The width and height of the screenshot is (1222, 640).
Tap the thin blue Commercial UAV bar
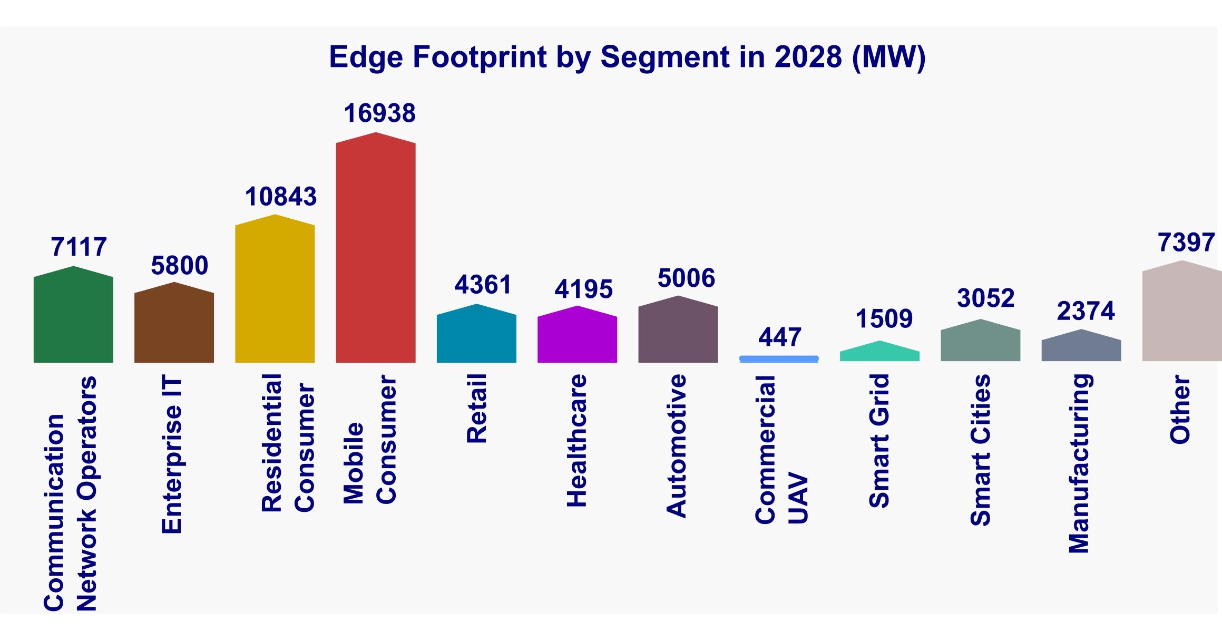[779, 359]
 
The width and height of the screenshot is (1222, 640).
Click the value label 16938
[379, 113]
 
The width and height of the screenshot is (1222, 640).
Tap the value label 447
[780, 337]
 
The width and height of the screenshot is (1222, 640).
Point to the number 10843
[280, 197]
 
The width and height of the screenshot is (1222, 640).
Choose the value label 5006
[686, 278]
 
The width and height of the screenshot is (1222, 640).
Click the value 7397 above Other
[1186, 243]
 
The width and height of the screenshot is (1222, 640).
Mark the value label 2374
[1086, 311]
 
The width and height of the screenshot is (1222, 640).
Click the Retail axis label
[477, 409]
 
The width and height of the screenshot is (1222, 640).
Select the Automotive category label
[677, 446]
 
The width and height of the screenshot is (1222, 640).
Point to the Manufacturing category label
[1080, 463]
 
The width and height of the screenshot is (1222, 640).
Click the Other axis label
[1180, 409]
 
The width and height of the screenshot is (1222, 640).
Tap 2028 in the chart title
[808, 57]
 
